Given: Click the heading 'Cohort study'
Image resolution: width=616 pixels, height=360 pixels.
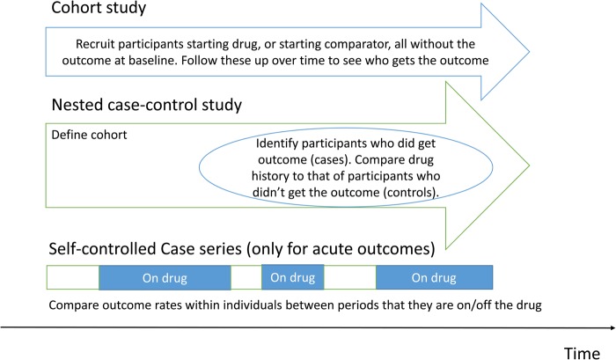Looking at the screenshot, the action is [x=99, y=8].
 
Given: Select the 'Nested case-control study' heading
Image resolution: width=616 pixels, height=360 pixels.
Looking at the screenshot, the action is [x=147, y=105].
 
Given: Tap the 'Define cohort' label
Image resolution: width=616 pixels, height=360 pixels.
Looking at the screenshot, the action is [x=89, y=135].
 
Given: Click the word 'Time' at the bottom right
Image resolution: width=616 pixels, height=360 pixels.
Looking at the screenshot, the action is [x=582, y=353].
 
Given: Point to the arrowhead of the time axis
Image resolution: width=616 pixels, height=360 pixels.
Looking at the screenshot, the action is [x=612, y=327].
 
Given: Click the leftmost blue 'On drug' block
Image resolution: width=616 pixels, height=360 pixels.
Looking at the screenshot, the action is [x=165, y=278].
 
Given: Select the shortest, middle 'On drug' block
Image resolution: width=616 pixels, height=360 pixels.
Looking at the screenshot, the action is [x=293, y=277].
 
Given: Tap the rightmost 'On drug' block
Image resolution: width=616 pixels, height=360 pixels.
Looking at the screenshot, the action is [x=434, y=277].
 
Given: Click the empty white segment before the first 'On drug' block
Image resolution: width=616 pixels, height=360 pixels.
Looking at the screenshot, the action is [x=73, y=277].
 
